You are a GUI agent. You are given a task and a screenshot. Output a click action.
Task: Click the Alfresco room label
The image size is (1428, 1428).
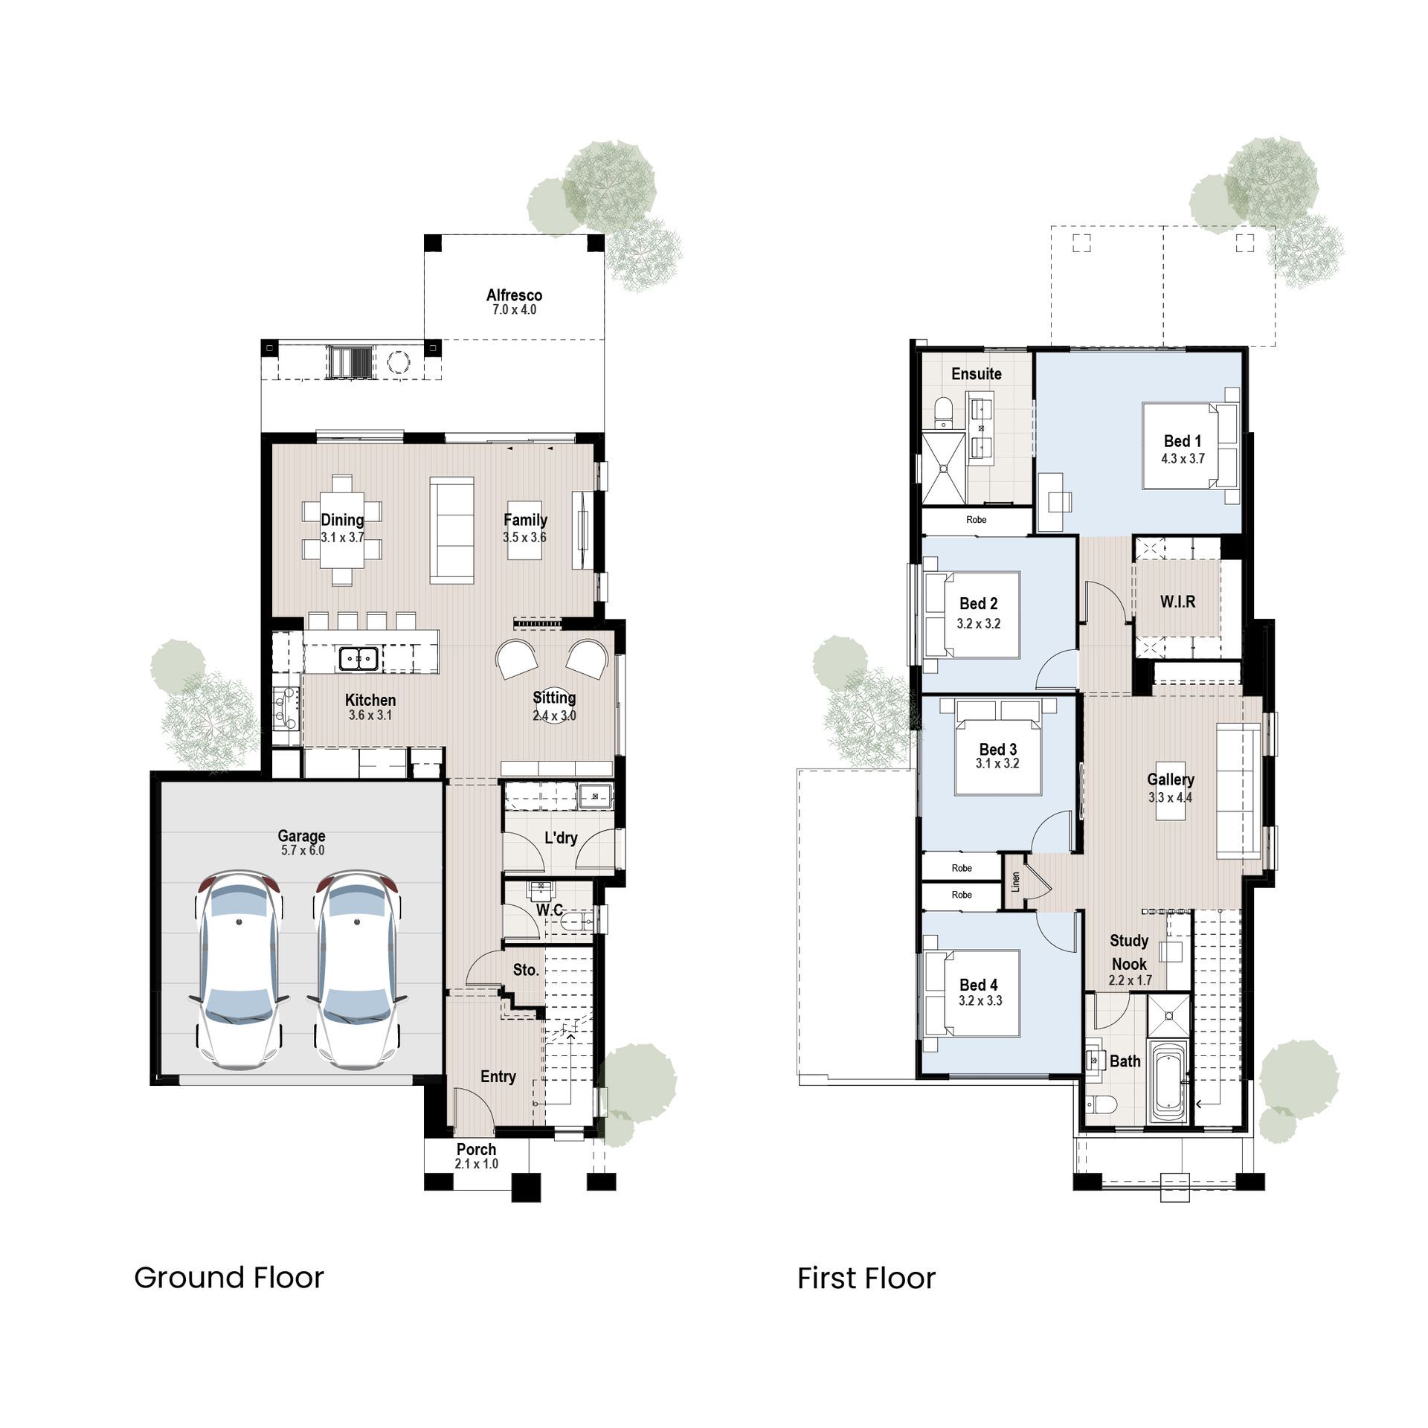(514, 295)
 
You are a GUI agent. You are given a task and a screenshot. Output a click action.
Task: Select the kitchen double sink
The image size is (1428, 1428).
(358, 658)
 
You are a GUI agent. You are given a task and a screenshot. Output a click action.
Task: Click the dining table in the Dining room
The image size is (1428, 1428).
(342, 530)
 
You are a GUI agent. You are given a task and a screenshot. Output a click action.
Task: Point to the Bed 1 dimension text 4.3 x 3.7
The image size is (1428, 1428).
(1183, 459)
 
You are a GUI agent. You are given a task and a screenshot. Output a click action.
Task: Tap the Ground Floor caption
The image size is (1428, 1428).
(229, 1278)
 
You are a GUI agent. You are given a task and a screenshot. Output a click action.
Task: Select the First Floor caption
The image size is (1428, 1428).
(866, 1279)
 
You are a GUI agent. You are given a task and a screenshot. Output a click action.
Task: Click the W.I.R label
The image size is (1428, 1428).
(1177, 601)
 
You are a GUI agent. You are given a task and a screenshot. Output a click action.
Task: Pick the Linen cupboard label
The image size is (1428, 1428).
(1015, 882)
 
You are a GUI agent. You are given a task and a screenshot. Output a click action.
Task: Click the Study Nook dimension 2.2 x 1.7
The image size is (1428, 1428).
(1130, 980)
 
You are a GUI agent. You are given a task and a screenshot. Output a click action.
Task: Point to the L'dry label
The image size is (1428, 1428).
(561, 838)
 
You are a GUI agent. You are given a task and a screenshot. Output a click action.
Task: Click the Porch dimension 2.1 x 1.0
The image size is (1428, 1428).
(476, 1164)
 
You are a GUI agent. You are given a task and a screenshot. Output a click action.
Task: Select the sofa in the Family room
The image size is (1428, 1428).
(451, 530)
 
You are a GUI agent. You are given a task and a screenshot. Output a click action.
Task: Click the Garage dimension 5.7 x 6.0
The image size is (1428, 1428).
(302, 850)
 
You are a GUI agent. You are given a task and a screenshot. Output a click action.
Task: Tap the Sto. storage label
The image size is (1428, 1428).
(525, 970)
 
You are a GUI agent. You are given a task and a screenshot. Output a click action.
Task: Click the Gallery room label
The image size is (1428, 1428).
(1170, 779)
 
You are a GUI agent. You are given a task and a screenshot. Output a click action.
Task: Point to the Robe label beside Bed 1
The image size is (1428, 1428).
(976, 520)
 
